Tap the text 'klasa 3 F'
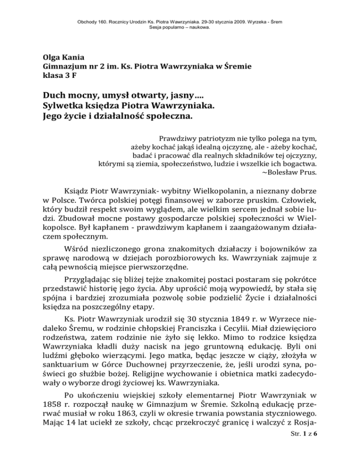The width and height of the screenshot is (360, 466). [x=58, y=76]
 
